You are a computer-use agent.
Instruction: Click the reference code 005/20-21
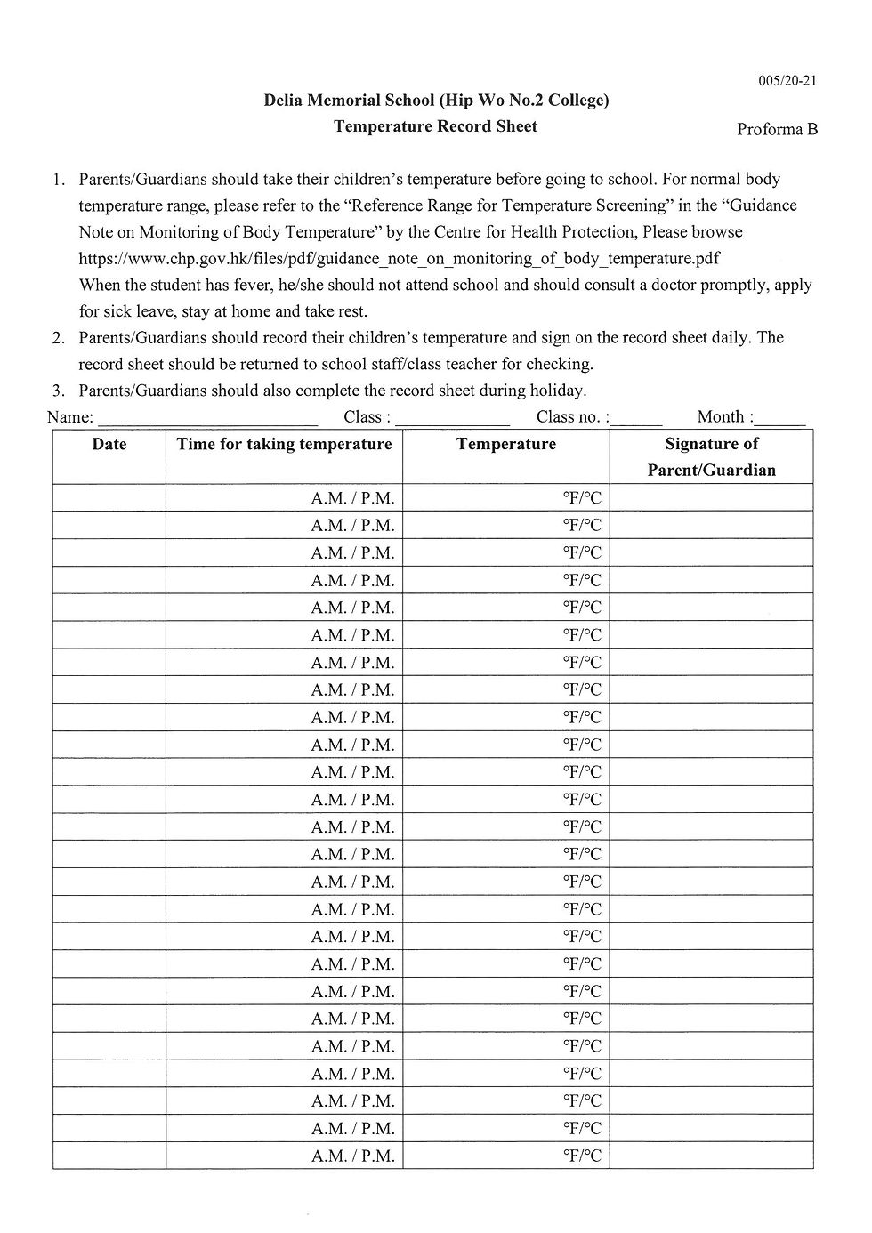click(x=787, y=81)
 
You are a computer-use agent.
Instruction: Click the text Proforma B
click(x=777, y=130)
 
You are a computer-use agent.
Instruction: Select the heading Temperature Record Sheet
click(x=435, y=126)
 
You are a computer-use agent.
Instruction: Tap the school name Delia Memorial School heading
click(x=436, y=101)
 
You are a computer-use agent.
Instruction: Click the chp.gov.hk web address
click(x=399, y=258)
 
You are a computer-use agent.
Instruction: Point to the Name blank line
click(x=207, y=418)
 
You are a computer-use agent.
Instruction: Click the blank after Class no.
click(x=637, y=418)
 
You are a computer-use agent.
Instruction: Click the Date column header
click(x=109, y=444)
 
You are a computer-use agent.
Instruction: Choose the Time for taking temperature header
click(x=284, y=444)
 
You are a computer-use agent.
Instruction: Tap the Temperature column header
click(x=506, y=444)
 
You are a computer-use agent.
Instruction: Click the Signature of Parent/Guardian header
click(x=712, y=456)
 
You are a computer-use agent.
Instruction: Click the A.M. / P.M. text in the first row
click(x=352, y=498)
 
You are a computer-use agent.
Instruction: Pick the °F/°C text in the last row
click(x=582, y=1156)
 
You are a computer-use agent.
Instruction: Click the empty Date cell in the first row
click(x=109, y=498)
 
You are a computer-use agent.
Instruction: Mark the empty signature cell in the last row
click(x=712, y=1156)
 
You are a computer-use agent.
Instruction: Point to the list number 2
click(x=59, y=338)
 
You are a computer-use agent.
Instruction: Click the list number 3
click(x=59, y=391)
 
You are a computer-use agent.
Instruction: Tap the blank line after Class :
click(x=452, y=418)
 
